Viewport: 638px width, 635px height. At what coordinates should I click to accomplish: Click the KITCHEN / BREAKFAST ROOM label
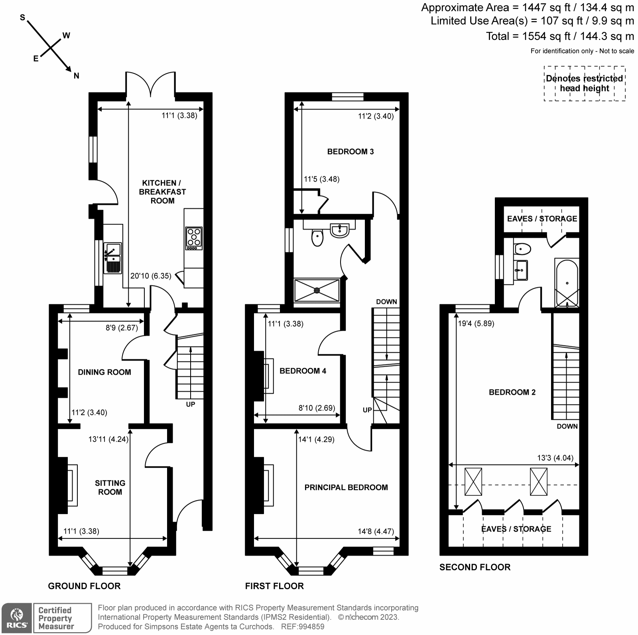(x=162, y=192)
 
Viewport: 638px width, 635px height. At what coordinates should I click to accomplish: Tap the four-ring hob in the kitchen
(x=194, y=239)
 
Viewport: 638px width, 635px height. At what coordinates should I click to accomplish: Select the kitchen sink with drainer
(x=112, y=258)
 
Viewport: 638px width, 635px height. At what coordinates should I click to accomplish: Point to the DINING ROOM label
(x=104, y=372)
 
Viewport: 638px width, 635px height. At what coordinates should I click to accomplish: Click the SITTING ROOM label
(x=110, y=487)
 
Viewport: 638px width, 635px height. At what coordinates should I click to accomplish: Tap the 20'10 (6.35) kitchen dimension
(x=151, y=276)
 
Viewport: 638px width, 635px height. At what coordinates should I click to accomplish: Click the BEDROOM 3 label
(x=351, y=152)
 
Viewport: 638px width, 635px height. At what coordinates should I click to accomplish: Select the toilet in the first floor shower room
(x=317, y=238)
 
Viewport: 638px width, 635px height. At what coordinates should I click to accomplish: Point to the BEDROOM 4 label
(x=303, y=371)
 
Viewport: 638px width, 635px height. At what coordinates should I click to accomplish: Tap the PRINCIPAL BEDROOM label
(x=346, y=487)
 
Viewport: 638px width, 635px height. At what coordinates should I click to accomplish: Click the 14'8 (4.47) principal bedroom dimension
(x=376, y=531)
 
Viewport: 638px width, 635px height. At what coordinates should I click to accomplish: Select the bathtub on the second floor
(x=567, y=282)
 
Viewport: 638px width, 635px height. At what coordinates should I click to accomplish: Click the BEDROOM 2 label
(x=512, y=392)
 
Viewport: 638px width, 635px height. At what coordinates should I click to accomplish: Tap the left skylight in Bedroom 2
(x=473, y=482)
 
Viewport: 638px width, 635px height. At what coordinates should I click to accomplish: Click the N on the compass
(x=77, y=76)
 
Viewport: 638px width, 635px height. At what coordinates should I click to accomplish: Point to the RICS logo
(x=16, y=618)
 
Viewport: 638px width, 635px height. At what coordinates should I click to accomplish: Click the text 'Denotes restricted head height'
(x=585, y=83)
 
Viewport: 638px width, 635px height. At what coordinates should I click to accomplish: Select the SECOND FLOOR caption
(x=475, y=567)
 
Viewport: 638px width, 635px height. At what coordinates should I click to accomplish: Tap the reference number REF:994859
(x=303, y=627)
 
